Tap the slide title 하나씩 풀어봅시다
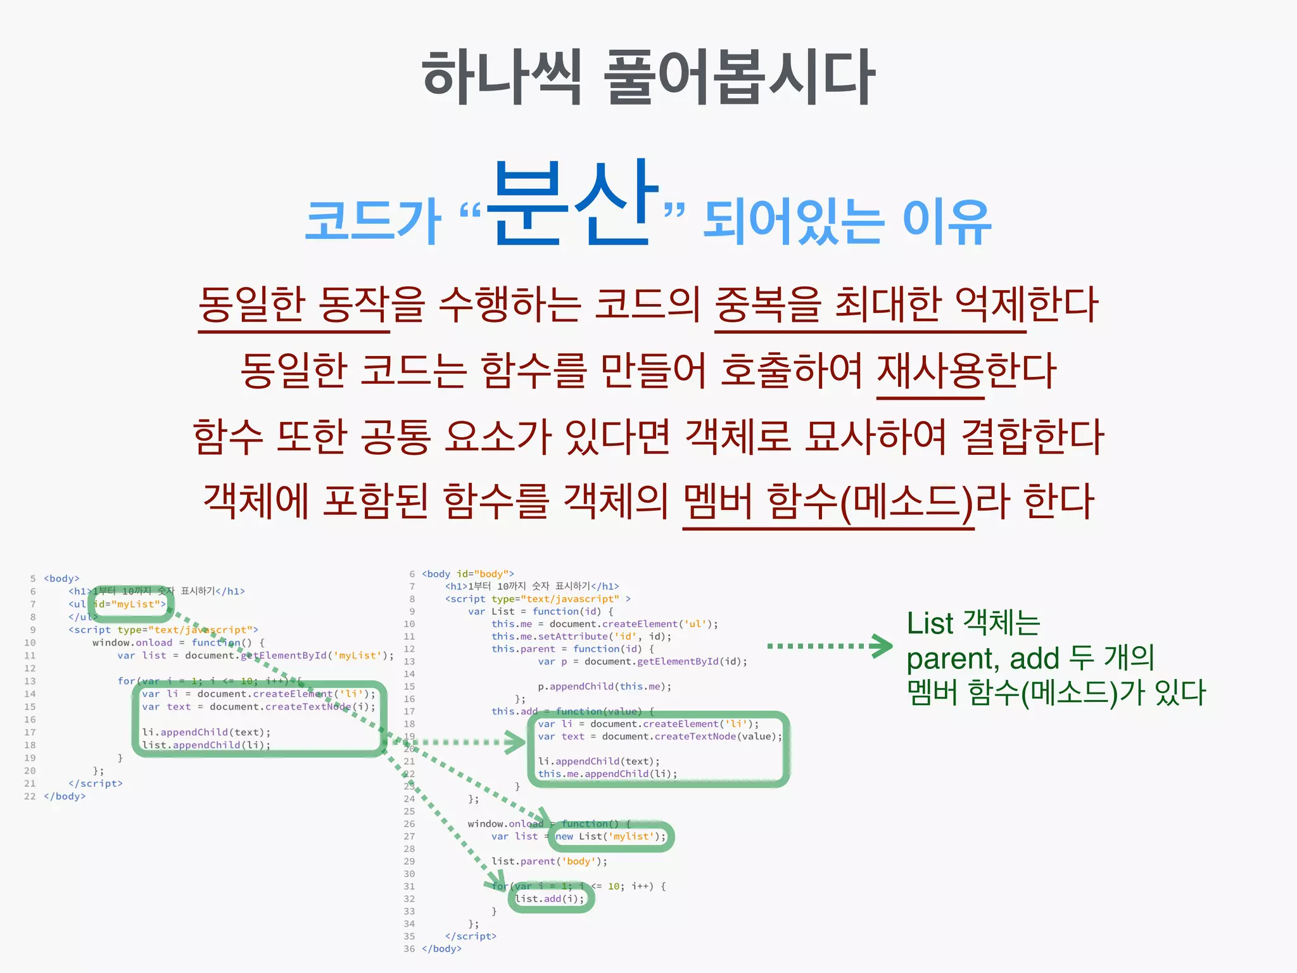648,77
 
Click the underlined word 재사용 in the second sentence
930,372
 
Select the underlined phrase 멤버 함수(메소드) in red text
827,502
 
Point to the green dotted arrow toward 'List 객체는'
830,646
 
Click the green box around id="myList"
130,604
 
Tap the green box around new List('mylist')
611,837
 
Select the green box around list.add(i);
550,899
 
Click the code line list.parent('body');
549,862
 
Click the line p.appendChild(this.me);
604,687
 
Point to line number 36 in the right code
409,949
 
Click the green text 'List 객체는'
973,624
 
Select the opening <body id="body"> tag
468,574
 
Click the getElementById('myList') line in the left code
255,656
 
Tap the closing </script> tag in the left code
96,784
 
